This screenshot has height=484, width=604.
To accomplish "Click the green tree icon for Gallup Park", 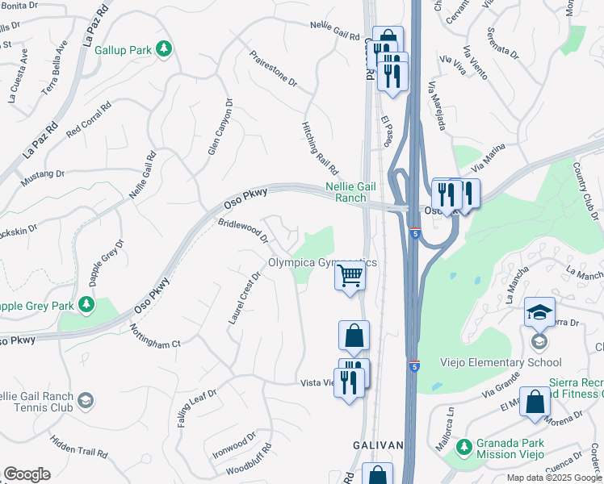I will [x=165, y=49].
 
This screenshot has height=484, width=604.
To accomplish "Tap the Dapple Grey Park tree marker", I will [x=86, y=306].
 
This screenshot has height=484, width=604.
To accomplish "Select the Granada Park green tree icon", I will [x=463, y=446].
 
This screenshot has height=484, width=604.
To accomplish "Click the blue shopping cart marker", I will [x=350, y=277].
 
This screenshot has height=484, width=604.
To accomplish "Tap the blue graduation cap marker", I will [x=540, y=312].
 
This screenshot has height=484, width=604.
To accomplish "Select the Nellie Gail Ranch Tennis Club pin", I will [x=86, y=399].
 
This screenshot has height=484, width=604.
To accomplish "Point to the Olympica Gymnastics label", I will [x=322, y=263].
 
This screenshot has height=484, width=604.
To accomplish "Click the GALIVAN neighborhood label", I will [x=378, y=445].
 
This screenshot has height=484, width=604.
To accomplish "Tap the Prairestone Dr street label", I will [x=274, y=71].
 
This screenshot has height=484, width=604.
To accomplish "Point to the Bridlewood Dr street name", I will [x=243, y=229].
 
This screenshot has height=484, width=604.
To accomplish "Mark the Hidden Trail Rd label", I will [x=80, y=448].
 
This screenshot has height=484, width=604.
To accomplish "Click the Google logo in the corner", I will [x=27, y=474].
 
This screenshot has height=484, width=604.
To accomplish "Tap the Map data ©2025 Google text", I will [x=554, y=478].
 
